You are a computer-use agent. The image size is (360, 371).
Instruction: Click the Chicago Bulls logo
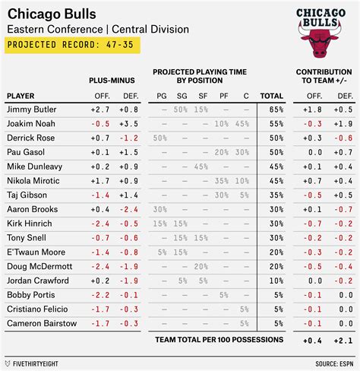(x=319, y=34)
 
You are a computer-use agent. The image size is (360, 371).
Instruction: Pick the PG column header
(x=160, y=96)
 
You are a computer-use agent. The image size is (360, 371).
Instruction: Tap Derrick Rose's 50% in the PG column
(x=160, y=138)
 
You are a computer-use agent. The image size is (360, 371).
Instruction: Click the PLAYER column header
(x=21, y=96)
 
